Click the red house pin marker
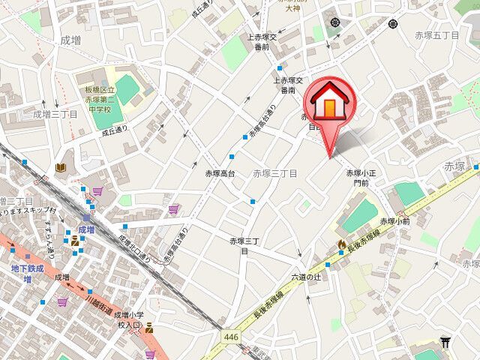(x=328, y=105)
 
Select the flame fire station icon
(x=342, y=244)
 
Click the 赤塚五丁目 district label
(x=436, y=35)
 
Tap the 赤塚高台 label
(x=220, y=172)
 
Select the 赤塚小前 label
(x=394, y=221)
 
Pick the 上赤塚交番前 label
(x=262, y=42)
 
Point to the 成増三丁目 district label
(x=55, y=114)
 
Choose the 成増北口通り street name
(x=135, y=249)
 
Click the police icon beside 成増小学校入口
(x=150, y=327)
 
